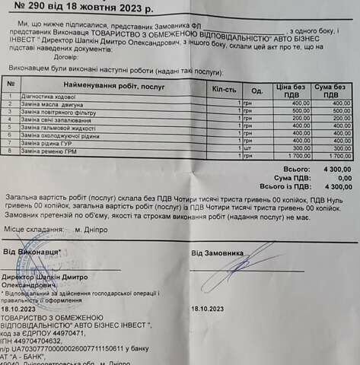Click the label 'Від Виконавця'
pyautogui.click(x=30, y=251)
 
